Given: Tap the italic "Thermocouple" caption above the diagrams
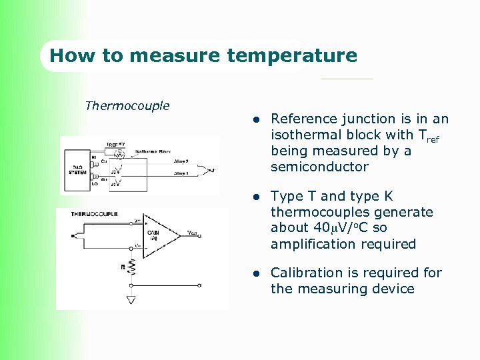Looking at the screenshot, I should coord(127,106).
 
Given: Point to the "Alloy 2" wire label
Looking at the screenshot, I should coord(181,161).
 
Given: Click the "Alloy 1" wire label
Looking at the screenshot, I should coord(181,173).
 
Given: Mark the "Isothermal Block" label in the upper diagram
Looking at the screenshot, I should coord(153,151).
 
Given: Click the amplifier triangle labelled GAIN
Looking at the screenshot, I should coord(160,235).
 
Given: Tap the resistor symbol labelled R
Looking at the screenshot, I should coord(132,267).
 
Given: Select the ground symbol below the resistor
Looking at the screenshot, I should coord(131,300).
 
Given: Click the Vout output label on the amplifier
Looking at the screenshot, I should coord(193,233).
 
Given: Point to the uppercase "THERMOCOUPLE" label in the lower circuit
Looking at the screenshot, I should coord(95,214).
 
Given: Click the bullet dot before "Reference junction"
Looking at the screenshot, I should coord(255,120).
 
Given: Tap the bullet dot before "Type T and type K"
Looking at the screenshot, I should coord(255,197).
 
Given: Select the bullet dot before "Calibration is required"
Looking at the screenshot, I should coord(255,274).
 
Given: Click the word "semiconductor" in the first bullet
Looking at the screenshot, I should coord(319,167).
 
